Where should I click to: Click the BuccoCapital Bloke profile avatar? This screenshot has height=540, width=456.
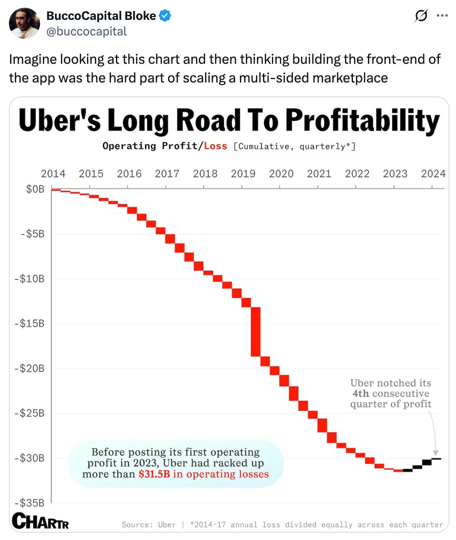24,23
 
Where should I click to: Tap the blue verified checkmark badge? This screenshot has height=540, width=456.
165,16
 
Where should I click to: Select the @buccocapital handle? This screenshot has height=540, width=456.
86,32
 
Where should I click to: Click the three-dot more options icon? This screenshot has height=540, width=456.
442,16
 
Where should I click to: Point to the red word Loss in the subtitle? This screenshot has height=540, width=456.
215,146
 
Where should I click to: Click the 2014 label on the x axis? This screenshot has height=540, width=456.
53,174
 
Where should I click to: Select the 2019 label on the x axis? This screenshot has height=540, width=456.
243,174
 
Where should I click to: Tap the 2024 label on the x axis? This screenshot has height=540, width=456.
433,174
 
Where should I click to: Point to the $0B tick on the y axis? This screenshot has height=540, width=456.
35,189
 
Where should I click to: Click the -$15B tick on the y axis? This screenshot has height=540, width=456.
30,323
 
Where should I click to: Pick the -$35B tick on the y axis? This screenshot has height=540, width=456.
30,503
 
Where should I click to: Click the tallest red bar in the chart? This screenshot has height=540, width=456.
256,331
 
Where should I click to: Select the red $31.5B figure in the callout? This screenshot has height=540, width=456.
154,474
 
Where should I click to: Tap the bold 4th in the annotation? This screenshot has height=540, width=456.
360,394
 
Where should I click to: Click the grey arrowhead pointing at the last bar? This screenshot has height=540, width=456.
436,453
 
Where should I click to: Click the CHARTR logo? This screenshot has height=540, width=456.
40,521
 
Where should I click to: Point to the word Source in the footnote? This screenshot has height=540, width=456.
137,525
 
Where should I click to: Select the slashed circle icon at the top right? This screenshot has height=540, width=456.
421,16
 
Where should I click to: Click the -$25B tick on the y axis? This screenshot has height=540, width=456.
30,413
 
